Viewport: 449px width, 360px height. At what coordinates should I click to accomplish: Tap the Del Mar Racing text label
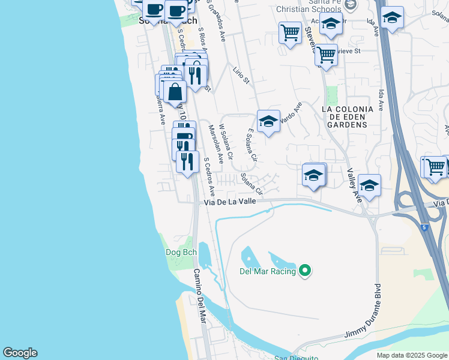click(x=268, y=271)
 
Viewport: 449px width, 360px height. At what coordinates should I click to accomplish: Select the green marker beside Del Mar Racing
click(x=305, y=271)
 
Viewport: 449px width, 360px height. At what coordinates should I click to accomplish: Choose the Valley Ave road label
click(x=354, y=185)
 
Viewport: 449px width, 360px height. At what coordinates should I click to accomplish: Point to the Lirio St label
click(x=241, y=76)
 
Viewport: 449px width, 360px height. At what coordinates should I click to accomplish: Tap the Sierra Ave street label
click(x=160, y=107)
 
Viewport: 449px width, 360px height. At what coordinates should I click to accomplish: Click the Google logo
click(x=20, y=353)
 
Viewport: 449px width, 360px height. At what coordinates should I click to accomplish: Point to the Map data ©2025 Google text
click(x=411, y=355)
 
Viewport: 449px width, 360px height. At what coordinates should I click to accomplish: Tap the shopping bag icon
click(x=175, y=92)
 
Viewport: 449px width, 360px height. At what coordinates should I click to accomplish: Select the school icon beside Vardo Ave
click(x=268, y=122)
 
